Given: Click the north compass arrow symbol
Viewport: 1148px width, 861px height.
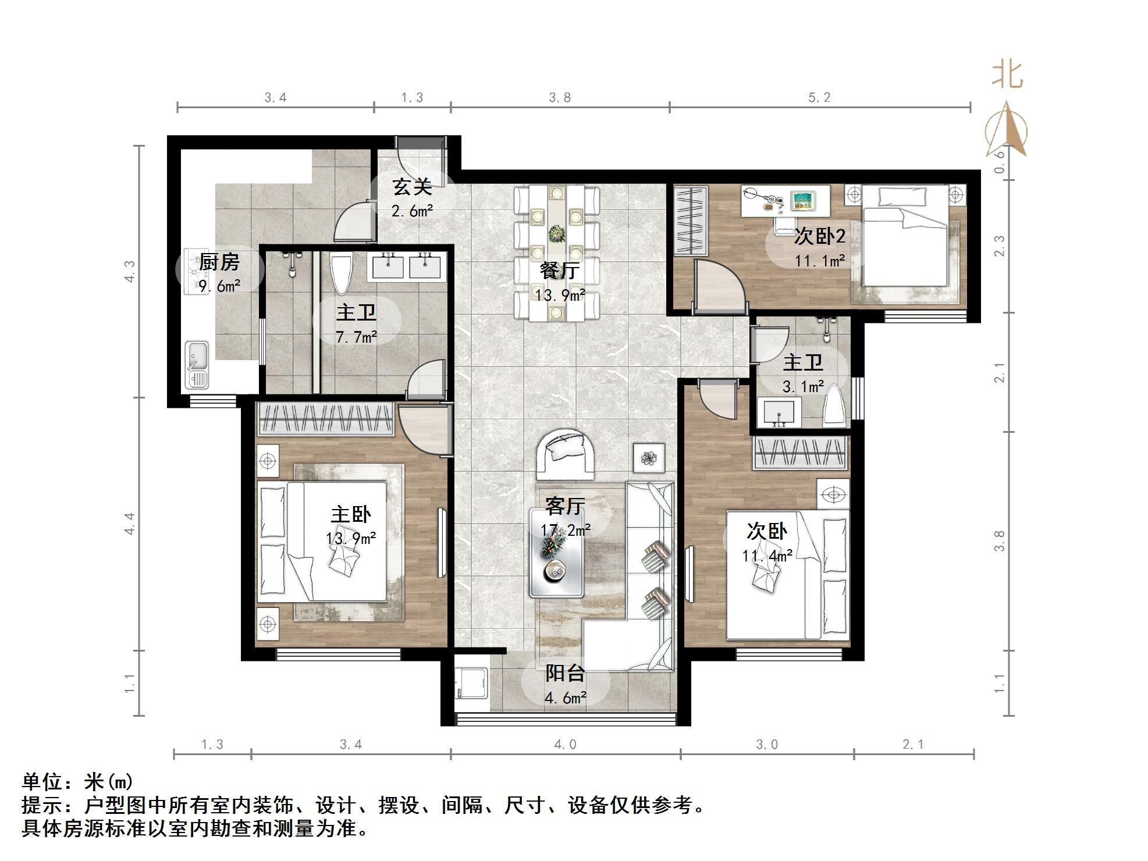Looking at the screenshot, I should [x=1006, y=131].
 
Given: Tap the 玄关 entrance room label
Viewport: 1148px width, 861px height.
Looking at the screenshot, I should [x=412, y=187].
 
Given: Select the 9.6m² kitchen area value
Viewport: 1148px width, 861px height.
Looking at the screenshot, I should [x=219, y=286].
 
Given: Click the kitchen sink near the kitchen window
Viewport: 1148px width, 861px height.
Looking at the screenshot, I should [x=197, y=364].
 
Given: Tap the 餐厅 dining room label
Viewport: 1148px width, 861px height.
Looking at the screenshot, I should [x=559, y=271].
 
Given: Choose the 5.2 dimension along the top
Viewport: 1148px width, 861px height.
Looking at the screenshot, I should [x=819, y=98].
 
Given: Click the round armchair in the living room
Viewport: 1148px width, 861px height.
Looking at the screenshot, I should [x=566, y=454].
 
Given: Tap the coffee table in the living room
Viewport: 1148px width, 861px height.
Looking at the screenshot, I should [x=556, y=553].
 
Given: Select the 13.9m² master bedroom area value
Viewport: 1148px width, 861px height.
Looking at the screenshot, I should [x=350, y=539].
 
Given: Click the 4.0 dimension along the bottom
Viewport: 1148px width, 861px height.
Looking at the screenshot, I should [x=565, y=745].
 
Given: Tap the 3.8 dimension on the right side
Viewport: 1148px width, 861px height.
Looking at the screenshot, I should [x=999, y=541].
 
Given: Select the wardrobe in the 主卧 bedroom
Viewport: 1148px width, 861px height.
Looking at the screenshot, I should [x=325, y=418].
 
